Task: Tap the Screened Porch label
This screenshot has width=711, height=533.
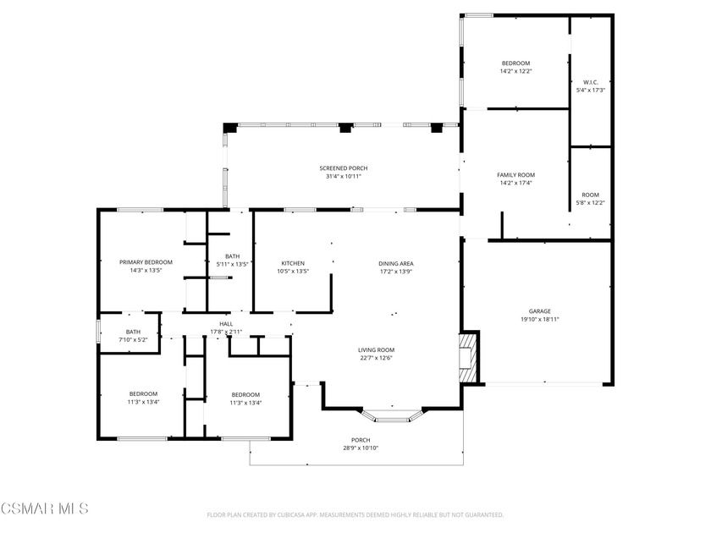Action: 343,168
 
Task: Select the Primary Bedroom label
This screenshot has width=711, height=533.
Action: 146,262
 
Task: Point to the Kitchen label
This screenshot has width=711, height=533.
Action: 292,263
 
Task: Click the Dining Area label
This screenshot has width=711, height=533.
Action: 396,263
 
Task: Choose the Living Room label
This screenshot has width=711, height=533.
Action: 376,349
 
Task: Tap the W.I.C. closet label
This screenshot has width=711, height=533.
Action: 590,82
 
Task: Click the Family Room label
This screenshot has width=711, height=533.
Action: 515,174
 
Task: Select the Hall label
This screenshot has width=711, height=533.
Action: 226,323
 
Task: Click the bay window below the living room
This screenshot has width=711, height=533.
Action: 392,416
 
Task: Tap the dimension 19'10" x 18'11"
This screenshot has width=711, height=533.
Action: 541,319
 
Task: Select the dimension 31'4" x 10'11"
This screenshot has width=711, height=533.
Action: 343,177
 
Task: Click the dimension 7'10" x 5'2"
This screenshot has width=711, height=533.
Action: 133,340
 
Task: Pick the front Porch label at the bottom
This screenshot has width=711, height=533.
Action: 361,440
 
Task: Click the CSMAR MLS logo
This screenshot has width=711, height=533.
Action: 44,508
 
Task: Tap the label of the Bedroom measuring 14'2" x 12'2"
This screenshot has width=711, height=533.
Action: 515,63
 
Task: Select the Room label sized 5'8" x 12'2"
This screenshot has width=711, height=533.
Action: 590,195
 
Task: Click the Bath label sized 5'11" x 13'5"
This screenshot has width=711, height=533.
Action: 232,256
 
